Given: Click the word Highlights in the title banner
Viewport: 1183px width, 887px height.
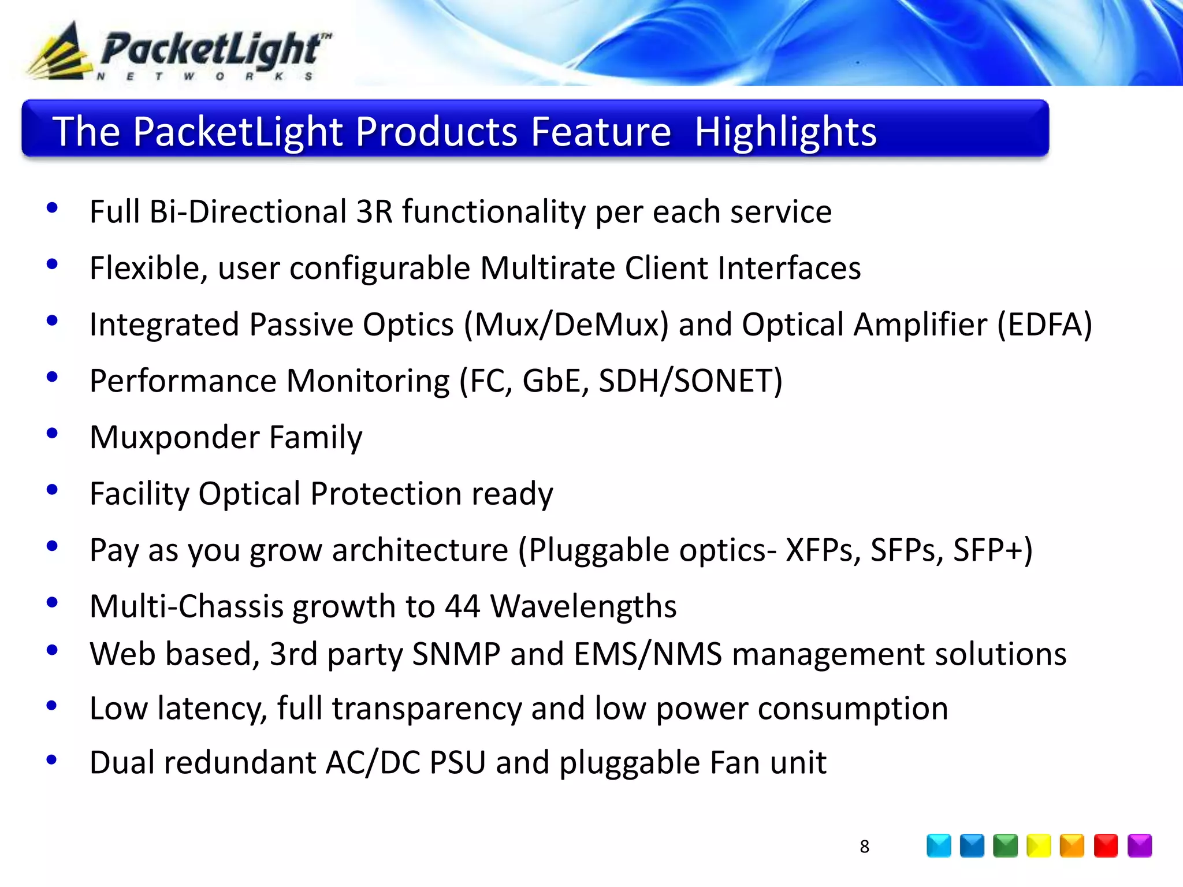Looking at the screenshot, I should click(x=786, y=132).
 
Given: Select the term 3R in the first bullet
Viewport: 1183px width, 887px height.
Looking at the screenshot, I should click(x=374, y=211).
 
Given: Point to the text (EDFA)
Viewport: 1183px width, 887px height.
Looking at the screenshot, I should click(x=1044, y=325).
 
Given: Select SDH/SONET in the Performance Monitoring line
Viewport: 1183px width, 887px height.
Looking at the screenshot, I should click(x=690, y=381).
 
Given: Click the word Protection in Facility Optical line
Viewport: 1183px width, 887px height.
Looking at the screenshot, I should click(x=386, y=494).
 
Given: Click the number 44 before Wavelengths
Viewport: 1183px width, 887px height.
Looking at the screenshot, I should click(x=462, y=606).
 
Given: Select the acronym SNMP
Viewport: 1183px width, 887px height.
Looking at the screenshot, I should click(x=456, y=654).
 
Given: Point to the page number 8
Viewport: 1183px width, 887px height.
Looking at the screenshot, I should click(x=864, y=847).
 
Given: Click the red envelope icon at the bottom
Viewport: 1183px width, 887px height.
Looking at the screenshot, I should click(x=1106, y=846).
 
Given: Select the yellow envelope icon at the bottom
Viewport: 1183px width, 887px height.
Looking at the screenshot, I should click(x=1039, y=846).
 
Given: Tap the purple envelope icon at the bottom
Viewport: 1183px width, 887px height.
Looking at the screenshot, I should click(x=1139, y=846).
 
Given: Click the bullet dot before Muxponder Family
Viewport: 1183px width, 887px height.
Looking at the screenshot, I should click(x=52, y=433).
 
